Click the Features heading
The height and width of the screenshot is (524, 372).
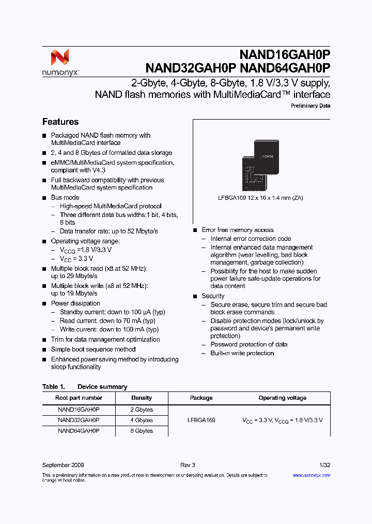[x=60, y=122]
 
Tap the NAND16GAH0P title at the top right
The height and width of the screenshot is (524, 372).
[x=285, y=55]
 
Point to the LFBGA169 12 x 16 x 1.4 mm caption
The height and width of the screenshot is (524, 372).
[x=261, y=198]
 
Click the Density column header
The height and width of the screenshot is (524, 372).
[x=142, y=398]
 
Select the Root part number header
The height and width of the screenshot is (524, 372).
[x=79, y=398]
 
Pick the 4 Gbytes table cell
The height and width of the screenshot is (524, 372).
[x=142, y=420]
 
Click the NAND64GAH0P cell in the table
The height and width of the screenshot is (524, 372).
[x=79, y=431]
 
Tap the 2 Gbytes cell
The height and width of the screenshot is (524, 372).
[x=142, y=410]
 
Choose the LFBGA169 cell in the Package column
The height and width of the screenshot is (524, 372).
[x=202, y=420]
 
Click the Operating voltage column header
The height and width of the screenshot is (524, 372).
[x=282, y=398]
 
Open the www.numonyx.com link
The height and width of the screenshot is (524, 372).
[x=311, y=475]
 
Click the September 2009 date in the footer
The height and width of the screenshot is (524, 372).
[x=63, y=465]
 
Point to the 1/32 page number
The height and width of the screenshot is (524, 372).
[x=324, y=465]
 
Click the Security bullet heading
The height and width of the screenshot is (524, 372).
[x=213, y=296]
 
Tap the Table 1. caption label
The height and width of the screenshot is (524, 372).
[x=53, y=387]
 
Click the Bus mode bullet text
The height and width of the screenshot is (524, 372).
[x=65, y=198]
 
